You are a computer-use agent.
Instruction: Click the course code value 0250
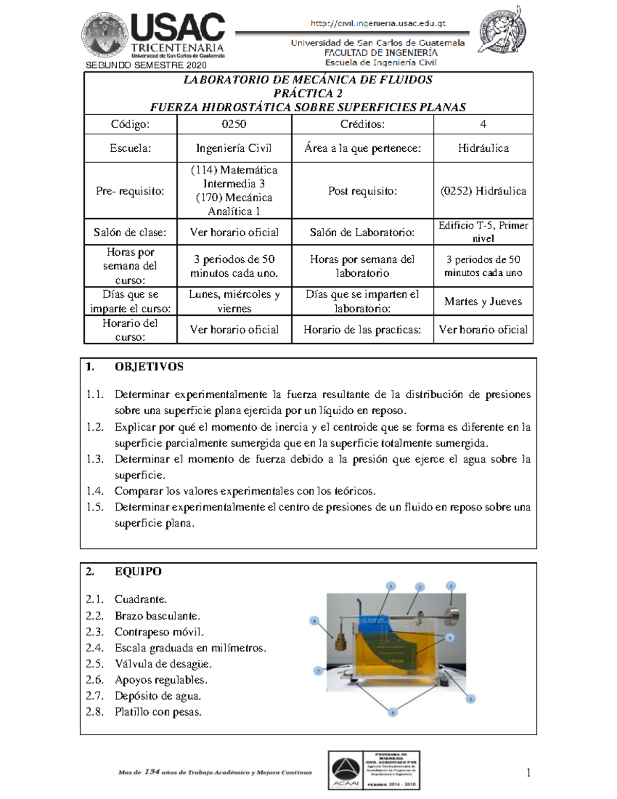pyautogui.click(x=234, y=124)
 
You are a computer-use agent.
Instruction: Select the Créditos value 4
pyautogui.click(x=483, y=124)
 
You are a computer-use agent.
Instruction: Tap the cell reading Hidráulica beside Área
pyautogui.click(x=483, y=148)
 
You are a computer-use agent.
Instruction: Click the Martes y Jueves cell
pyautogui.click(x=483, y=301)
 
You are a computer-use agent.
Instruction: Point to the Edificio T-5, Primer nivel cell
pyautogui.click(x=483, y=232)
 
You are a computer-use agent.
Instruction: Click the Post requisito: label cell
pyautogui.click(x=362, y=191)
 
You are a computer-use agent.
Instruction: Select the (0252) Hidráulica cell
pyautogui.click(x=483, y=191)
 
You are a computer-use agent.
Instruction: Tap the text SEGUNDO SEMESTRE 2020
pyautogui.click(x=146, y=65)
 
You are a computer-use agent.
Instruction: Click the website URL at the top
pyautogui.click(x=378, y=24)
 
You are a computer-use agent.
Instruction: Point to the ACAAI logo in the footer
pyautogui.click(x=346, y=770)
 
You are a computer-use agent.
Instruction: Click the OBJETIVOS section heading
pyautogui.click(x=149, y=367)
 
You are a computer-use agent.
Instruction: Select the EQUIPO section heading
pyautogui.click(x=138, y=572)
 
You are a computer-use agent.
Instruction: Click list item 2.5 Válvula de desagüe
pyautogui.click(x=162, y=664)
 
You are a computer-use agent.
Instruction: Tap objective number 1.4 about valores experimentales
pyautogui.click(x=245, y=491)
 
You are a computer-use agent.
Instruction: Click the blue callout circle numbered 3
pyautogui.click(x=451, y=586)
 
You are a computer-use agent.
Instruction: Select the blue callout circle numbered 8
pyautogui.click(x=315, y=620)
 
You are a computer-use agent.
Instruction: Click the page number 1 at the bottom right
pyautogui.click(x=528, y=773)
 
